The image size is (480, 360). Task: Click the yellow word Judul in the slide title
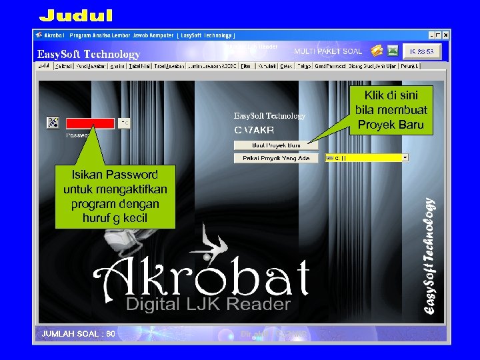[x=75, y=15]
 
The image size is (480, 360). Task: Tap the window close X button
[x=446, y=35]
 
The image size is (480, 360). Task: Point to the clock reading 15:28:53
[x=421, y=51]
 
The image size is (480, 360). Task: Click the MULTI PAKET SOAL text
[x=328, y=51]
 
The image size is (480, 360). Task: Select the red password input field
[x=90, y=123]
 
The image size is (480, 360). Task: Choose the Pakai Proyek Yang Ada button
[x=276, y=158]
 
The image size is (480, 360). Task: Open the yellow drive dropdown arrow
[x=405, y=158]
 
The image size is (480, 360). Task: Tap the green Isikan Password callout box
[x=115, y=196]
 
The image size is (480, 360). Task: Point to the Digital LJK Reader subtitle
[x=208, y=305]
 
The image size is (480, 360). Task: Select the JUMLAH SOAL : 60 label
[x=79, y=333]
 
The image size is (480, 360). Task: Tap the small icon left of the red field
[x=53, y=123]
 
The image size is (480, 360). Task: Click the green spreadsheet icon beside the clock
[x=393, y=51]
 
